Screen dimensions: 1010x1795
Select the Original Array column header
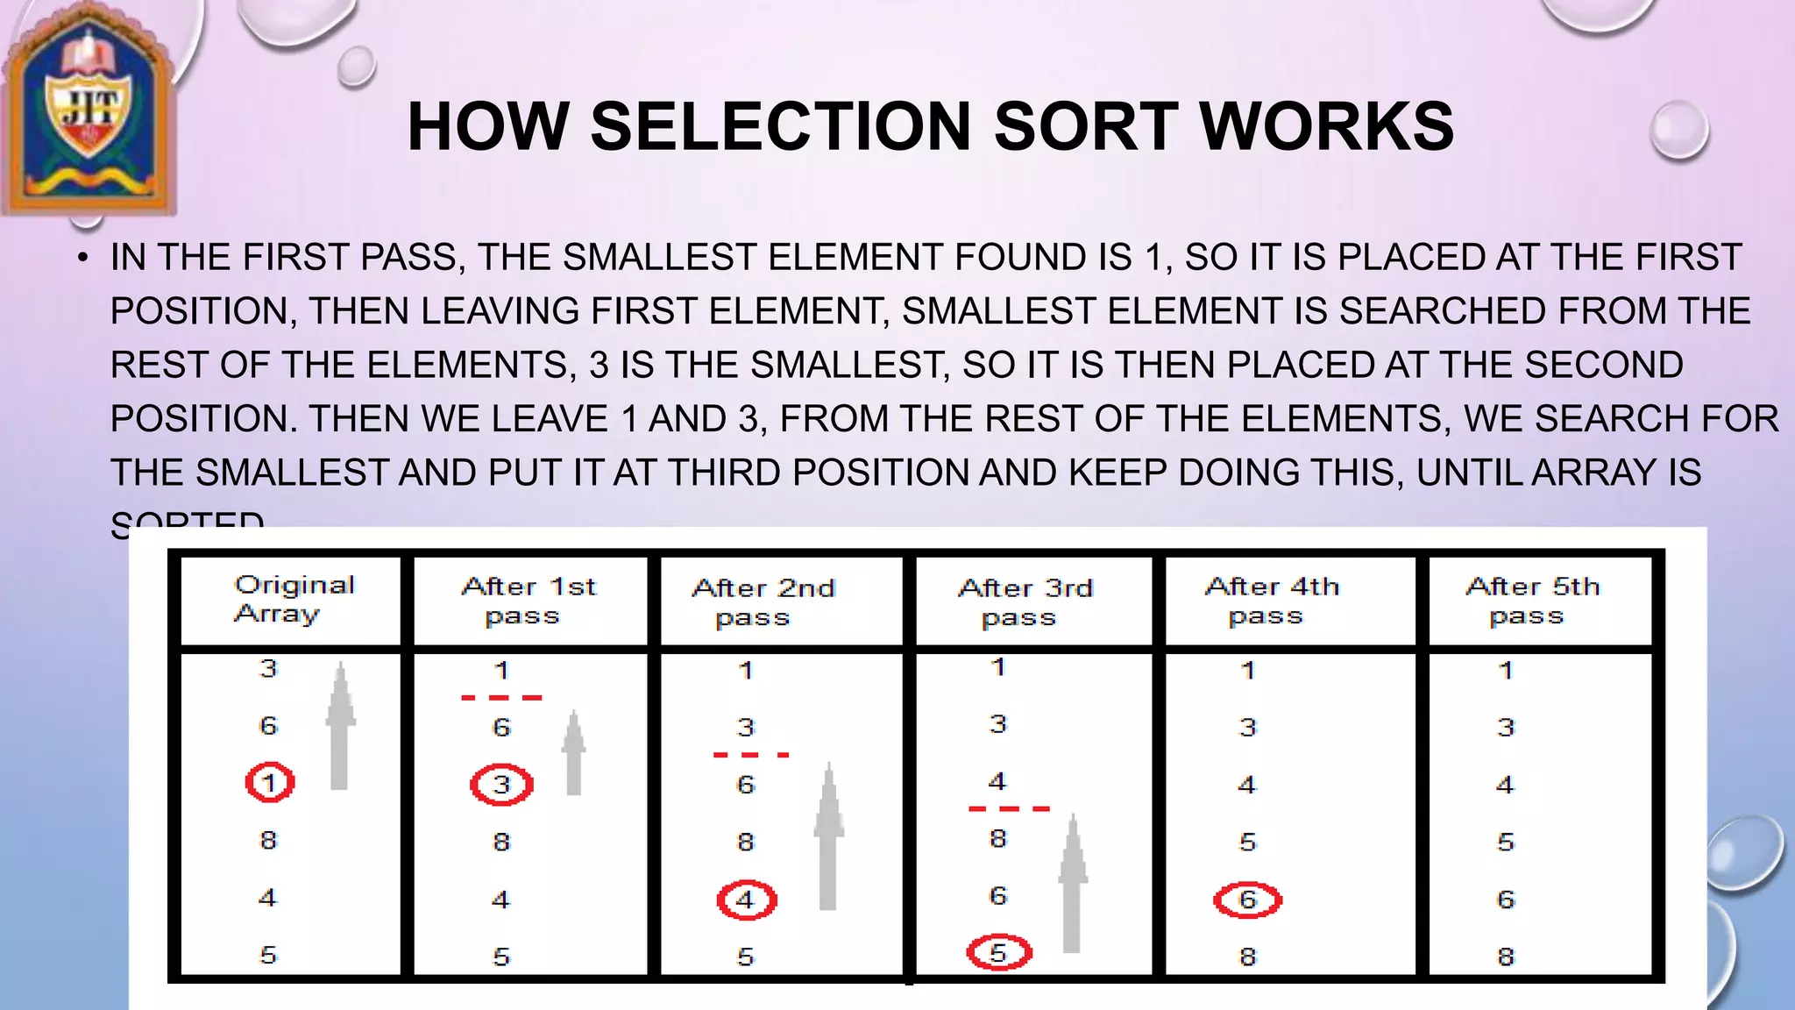pos(293,600)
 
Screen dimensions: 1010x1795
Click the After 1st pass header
pos(529,601)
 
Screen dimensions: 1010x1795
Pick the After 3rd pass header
pos(1025,602)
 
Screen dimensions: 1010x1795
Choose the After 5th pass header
pos(1532,601)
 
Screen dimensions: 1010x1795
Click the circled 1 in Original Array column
pos(270,782)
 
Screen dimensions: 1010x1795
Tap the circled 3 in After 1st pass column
pos(501,784)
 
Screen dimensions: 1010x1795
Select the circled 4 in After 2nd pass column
pos(746,900)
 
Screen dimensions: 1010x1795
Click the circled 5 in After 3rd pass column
pos(998,952)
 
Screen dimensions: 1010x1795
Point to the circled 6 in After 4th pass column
pos(1247,900)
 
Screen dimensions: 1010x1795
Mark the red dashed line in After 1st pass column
pos(501,698)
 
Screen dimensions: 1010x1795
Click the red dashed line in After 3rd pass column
pos(1009,808)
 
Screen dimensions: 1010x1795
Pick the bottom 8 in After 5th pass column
pos(1506,957)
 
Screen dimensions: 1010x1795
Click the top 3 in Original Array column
pos(268,669)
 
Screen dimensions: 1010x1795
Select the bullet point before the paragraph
pos(82,258)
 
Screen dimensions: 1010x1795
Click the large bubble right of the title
pos(1678,130)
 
